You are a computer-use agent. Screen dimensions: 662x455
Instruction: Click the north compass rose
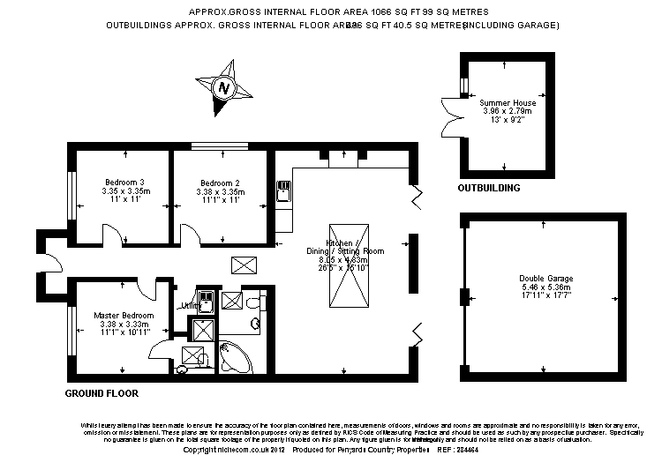coord(224,88)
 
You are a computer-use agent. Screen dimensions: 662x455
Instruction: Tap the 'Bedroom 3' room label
coord(123,183)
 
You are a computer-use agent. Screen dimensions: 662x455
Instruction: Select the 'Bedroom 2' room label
coord(219,183)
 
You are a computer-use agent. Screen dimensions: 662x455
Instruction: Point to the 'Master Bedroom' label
coord(124,315)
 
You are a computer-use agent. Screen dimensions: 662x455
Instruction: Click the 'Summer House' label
coord(508,103)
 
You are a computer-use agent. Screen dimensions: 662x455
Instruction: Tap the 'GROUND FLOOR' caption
coord(102,392)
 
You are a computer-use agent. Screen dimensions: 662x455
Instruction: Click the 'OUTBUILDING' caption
coord(488,189)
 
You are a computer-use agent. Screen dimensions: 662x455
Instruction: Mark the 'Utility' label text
coord(188,306)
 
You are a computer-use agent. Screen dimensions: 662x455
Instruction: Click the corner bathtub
coord(233,356)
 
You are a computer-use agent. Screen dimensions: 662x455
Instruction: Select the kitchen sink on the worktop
coord(283,190)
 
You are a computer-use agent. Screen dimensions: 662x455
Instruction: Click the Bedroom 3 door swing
coord(112,235)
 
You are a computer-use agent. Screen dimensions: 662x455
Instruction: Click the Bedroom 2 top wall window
coord(219,146)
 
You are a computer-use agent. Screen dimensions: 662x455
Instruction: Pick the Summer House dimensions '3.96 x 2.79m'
coord(508,112)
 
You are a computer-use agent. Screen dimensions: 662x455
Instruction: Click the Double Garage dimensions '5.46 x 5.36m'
coord(543,287)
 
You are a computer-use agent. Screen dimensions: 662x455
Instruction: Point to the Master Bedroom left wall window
coord(70,328)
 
